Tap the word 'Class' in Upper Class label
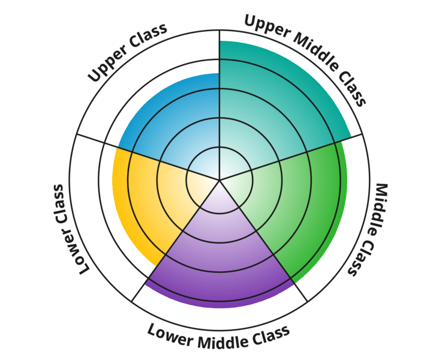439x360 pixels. point(148,37)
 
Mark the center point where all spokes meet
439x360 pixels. point(220,179)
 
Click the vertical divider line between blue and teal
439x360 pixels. point(220,102)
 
